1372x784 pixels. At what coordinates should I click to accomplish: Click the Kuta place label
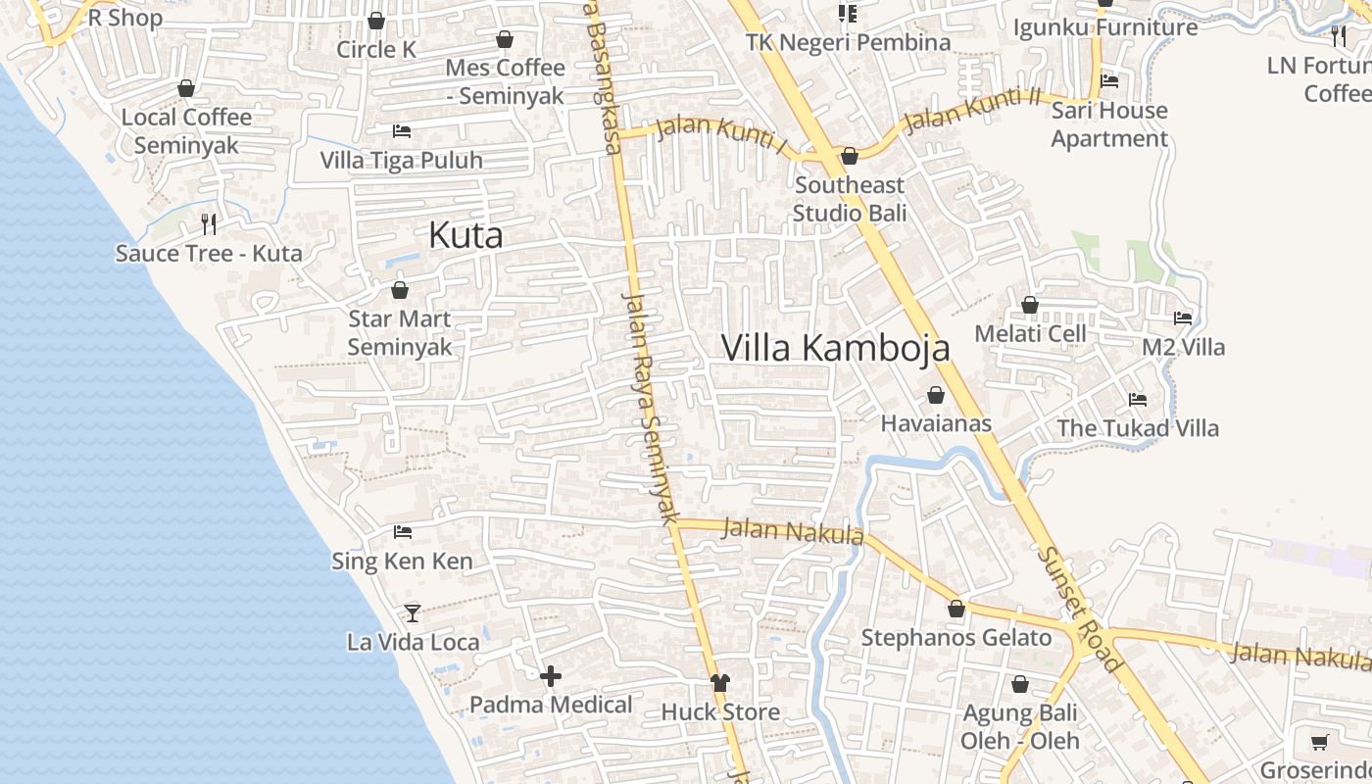coord(465,235)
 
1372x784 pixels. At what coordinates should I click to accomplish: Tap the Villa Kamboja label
coord(835,348)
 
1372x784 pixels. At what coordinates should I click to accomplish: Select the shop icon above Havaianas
coord(936,395)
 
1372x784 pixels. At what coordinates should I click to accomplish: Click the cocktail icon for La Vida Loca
coord(413,612)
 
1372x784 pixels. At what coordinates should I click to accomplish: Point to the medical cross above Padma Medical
coord(551,676)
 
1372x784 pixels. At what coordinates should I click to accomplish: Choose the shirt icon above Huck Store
coord(720,683)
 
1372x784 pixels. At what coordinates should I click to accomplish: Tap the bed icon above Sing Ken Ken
coord(402,532)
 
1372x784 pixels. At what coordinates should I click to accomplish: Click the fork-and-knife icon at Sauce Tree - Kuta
coord(208,223)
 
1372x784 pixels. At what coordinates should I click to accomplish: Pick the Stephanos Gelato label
coord(955,638)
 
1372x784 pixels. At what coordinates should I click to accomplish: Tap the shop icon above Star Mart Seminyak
coord(400,290)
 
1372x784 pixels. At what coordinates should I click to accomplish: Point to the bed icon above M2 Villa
coord(1183,318)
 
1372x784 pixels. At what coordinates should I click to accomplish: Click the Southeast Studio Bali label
coord(849,199)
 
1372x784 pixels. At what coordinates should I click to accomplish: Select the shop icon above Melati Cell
coord(1030,305)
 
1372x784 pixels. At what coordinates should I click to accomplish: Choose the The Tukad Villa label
coord(1138,428)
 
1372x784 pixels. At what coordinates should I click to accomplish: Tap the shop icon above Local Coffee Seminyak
coord(186,88)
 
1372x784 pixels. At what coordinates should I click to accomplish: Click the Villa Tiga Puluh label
coord(402,160)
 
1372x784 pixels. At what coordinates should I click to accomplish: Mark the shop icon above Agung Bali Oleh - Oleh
coord(1020,684)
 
